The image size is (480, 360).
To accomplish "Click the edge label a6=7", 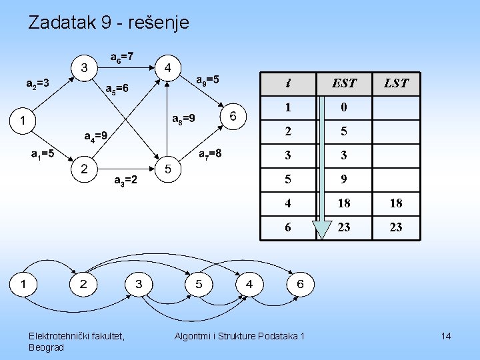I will click(x=121, y=57).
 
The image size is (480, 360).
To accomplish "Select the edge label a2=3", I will click(x=37, y=84).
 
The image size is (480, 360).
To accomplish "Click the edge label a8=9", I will click(x=183, y=119).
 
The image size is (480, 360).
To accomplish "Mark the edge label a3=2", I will click(x=125, y=179).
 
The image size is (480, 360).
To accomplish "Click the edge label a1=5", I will click(x=43, y=154).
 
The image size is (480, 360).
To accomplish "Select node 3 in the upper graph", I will click(x=84, y=67).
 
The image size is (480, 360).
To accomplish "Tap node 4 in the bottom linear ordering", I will click(x=249, y=284).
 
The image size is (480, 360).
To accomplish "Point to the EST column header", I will click(x=344, y=83).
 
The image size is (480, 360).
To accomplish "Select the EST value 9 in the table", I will click(x=344, y=179).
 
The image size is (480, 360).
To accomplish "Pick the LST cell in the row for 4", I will click(x=395, y=203).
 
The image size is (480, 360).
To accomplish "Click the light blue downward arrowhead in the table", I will click(x=322, y=229).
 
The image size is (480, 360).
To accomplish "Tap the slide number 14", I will click(x=445, y=336).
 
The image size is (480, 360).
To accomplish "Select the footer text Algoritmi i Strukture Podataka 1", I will click(x=239, y=336).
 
